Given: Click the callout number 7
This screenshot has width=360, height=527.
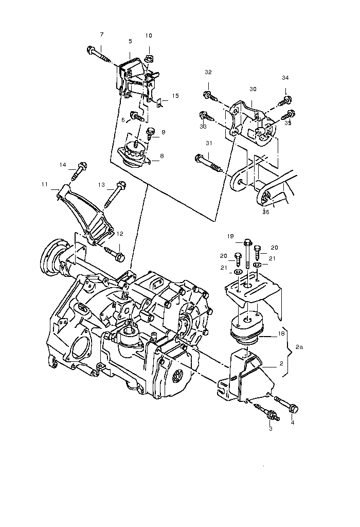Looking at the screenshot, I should pyautogui.click(x=101, y=34).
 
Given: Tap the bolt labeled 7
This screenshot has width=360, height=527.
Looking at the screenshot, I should pyautogui.click(x=98, y=54).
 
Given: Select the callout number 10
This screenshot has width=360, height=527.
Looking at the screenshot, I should pyautogui.click(x=149, y=36).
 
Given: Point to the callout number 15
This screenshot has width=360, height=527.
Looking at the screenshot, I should pyautogui.click(x=175, y=96).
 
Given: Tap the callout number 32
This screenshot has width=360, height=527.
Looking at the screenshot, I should pyautogui.click(x=208, y=72).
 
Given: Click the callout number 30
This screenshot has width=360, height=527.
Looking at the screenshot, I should pyautogui.click(x=253, y=89).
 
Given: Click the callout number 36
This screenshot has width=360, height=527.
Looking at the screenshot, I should pyautogui.click(x=265, y=211).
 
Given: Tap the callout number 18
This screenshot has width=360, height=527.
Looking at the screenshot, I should pyautogui.click(x=281, y=333).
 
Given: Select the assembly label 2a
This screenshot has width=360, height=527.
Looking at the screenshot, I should pyautogui.click(x=300, y=347).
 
